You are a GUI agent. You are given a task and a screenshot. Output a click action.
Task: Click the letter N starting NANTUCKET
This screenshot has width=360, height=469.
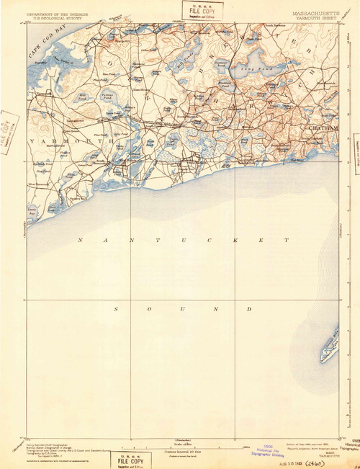point(81,239)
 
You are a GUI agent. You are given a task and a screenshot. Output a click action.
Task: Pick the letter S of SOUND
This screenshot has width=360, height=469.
point(115,308)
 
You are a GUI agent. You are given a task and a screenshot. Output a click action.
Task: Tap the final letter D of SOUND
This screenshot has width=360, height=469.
point(248,308)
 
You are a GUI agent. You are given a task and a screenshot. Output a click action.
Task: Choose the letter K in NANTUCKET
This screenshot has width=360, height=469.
point(235,239)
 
